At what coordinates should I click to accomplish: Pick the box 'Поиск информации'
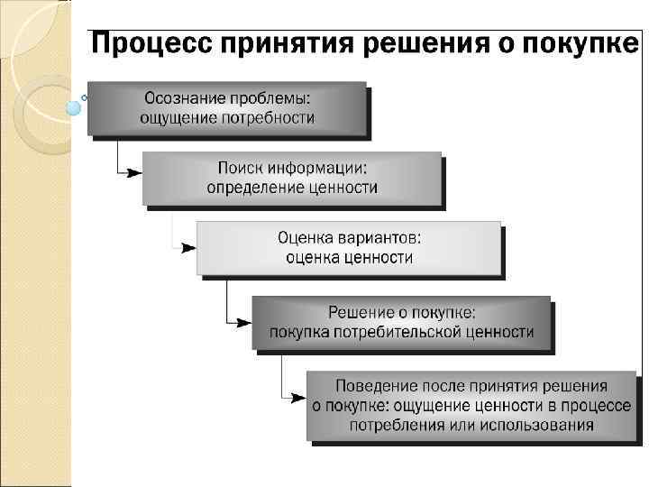point(292,178)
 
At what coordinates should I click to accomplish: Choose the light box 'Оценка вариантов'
point(349,247)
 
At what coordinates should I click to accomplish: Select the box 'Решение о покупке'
point(400,322)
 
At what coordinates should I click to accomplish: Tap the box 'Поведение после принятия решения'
point(471,405)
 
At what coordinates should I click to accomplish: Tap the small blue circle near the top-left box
point(74,106)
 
